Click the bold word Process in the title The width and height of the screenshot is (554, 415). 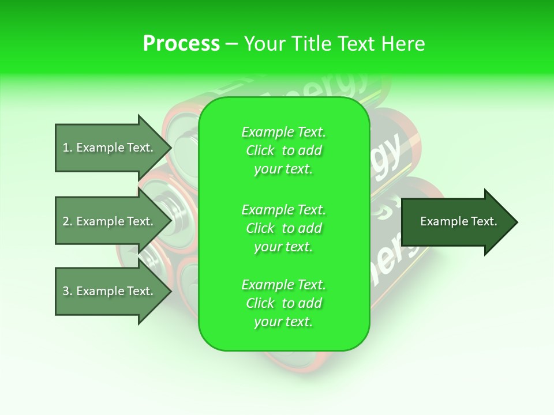181,44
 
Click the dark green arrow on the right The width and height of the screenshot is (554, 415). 459,222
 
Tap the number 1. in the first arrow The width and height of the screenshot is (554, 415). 68,148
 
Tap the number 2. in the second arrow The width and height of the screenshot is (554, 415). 68,221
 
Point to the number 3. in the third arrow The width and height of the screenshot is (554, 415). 68,291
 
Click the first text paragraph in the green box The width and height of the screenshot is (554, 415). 283,150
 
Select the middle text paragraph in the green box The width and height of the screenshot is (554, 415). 283,228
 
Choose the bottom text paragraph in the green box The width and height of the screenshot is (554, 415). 283,303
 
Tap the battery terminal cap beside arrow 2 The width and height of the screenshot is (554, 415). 167,205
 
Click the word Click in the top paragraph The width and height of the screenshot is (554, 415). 260,151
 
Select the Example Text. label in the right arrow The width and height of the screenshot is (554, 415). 459,221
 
